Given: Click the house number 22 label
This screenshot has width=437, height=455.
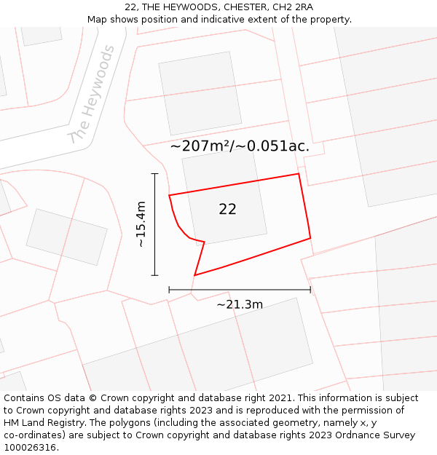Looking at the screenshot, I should (227, 209).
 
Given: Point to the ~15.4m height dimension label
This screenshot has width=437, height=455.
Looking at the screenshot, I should (141, 224).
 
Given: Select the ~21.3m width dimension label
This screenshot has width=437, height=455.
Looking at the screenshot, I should (240, 304).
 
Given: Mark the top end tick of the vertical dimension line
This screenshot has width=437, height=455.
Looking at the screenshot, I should (154, 174).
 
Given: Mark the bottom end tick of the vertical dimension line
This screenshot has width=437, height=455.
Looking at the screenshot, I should (154, 275).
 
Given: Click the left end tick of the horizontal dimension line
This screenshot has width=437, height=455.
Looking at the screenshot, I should (169, 290).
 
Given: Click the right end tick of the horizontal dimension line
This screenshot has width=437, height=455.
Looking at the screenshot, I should (310, 290).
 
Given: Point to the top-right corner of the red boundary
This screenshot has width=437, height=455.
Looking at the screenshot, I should (299, 174).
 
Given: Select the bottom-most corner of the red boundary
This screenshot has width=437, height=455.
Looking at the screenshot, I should (194, 275).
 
